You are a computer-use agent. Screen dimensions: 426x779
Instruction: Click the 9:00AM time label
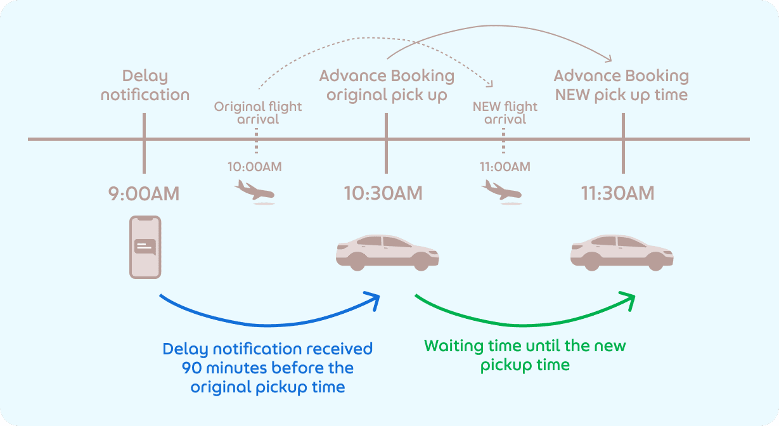[x=144, y=193]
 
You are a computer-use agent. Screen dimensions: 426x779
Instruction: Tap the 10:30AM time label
[x=383, y=193]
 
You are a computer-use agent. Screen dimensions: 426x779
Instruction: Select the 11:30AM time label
[x=617, y=193]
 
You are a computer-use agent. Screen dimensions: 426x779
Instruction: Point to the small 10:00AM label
[x=255, y=167]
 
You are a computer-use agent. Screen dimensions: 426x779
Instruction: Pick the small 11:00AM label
[x=505, y=167]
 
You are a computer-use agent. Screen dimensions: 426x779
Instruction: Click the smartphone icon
[x=145, y=247]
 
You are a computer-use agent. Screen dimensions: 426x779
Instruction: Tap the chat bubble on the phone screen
[x=145, y=246]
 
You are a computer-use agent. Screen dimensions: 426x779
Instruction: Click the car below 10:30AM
[x=387, y=252]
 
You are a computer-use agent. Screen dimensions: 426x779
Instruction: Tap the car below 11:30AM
[x=622, y=252]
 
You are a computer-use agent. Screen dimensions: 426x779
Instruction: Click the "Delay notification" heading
[x=145, y=86]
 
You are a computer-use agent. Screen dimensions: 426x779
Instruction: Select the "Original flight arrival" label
[x=258, y=113]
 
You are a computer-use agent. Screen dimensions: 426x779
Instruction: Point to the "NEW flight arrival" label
[x=505, y=113]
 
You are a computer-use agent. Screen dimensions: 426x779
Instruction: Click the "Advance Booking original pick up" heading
[x=387, y=86]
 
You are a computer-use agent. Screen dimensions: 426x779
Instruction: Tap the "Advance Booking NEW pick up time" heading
[x=621, y=86]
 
